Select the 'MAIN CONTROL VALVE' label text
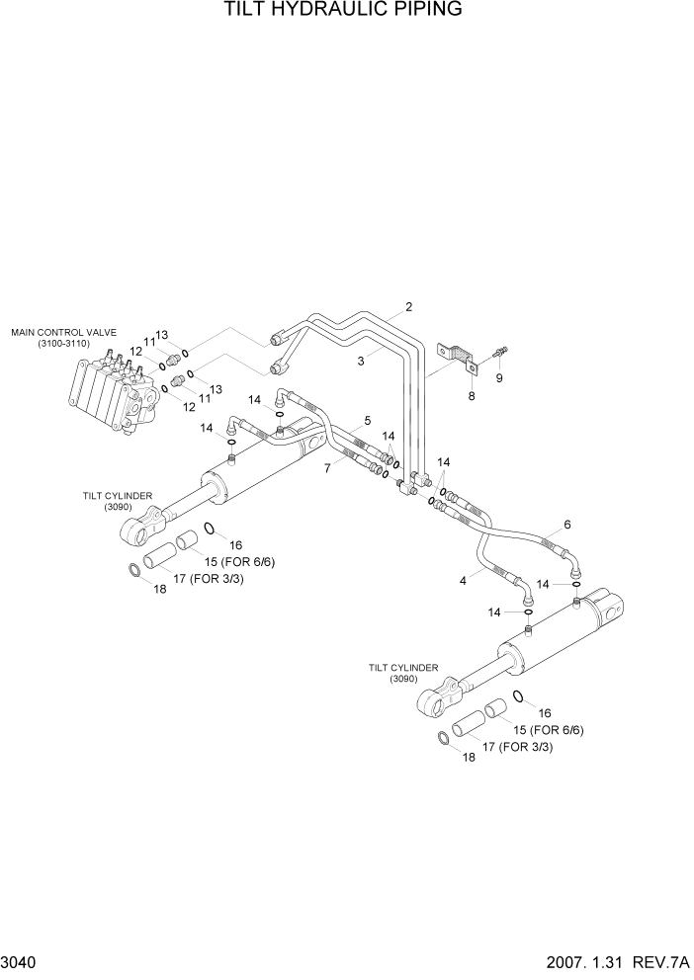pyautogui.click(x=63, y=333)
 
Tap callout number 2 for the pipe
pyautogui.click(x=408, y=306)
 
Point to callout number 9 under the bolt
pyautogui.click(x=499, y=377)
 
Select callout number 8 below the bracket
pyautogui.click(x=472, y=396)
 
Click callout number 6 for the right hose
pyautogui.click(x=567, y=525)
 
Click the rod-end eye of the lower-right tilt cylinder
pyautogui.click(x=432, y=700)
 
